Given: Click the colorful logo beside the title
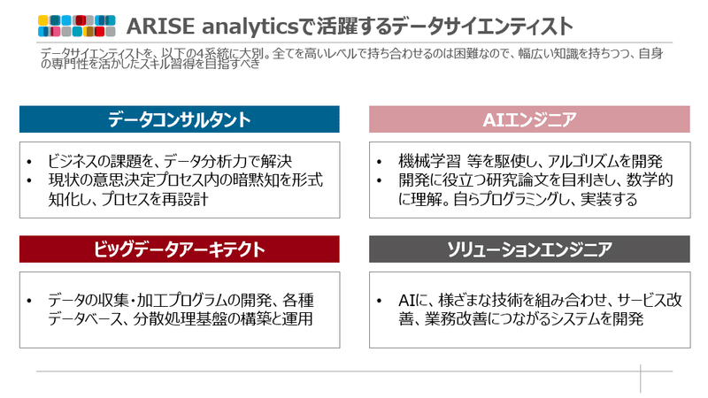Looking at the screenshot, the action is point(77,26).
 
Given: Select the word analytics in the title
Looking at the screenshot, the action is point(250,27).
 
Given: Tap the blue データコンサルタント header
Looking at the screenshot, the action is point(180,119).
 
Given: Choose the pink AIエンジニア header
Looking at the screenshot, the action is point(529,119).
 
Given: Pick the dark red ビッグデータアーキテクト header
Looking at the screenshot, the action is point(180,249).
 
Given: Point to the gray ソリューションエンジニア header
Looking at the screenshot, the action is point(529,249).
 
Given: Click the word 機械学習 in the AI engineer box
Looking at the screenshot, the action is point(429,161).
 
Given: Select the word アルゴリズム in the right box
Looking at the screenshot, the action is point(579,161).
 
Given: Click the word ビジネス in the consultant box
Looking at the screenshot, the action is point(67,161).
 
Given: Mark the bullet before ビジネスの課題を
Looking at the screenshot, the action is point(29,162).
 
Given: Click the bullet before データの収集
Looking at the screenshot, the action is point(29,301).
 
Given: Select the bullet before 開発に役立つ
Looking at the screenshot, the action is point(380,180).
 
